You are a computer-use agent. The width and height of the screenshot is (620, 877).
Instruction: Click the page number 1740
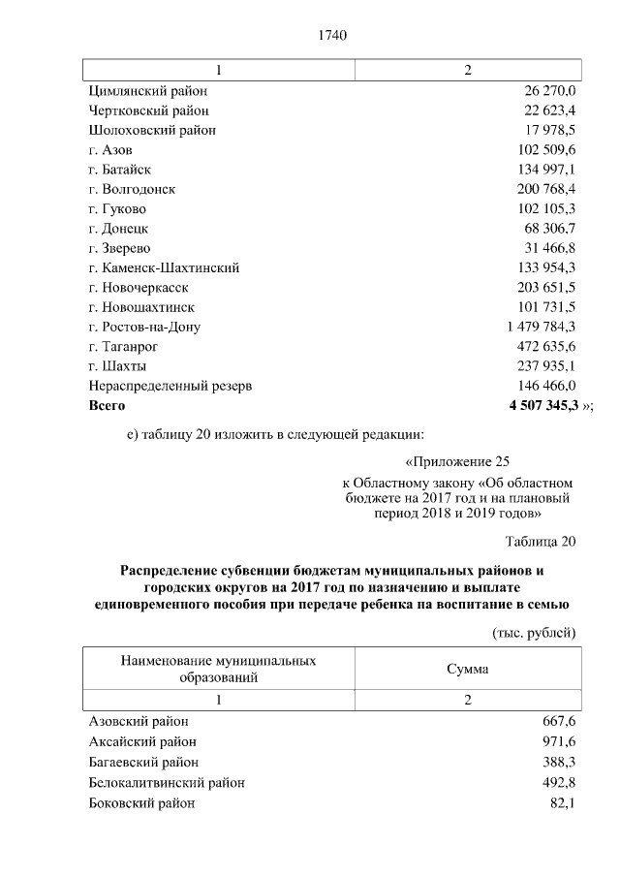click(x=332, y=36)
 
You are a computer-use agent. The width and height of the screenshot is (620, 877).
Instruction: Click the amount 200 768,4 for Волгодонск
click(x=546, y=188)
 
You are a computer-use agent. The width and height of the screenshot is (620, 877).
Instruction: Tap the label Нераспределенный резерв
click(x=170, y=386)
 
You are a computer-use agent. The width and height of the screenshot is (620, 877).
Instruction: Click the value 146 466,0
click(x=546, y=386)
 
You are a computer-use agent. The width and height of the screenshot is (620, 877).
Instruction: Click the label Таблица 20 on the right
click(x=541, y=541)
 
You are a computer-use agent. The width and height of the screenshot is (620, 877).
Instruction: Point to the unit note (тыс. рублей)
click(x=531, y=632)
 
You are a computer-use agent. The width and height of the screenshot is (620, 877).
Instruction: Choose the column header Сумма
click(x=467, y=669)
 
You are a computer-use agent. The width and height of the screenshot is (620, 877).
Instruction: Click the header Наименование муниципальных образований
click(x=218, y=669)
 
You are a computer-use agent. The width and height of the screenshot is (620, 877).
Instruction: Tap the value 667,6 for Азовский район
click(x=559, y=721)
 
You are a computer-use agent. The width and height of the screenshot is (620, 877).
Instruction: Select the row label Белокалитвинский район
click(x=166, y=782)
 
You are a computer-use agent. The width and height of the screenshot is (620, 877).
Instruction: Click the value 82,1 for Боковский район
click(x=563, y=802)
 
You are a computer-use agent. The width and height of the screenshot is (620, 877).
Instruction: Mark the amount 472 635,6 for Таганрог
click(x=546, y=346)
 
